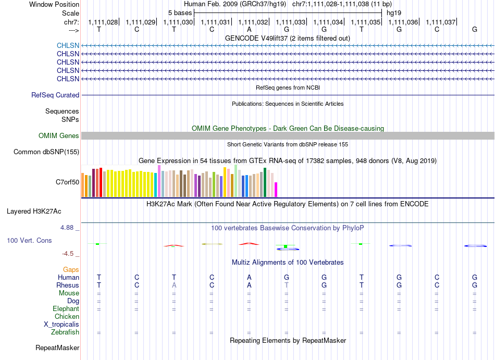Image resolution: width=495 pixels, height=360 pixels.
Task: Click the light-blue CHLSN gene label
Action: tap(68, 46)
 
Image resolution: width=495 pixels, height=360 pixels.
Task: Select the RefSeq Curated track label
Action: tap(55, 95)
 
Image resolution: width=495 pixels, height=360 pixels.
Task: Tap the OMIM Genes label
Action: tap(59, 135)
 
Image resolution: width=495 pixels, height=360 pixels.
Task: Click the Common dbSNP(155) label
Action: tap(46, 152)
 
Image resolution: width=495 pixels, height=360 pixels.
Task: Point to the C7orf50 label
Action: tap(68, 182)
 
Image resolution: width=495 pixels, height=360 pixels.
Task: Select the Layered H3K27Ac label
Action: tap(34, 212)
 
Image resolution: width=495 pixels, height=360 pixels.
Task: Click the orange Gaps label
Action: tap(71, 269)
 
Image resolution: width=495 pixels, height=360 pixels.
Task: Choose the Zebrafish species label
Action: tap(65, 332)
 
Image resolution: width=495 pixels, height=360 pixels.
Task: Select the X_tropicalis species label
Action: tap(61, 325)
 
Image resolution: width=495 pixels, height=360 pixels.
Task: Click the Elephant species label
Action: tap(66, 308)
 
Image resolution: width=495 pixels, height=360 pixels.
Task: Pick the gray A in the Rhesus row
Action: tap(174, 285)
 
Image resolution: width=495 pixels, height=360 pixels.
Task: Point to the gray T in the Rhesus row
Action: tap(287, 285)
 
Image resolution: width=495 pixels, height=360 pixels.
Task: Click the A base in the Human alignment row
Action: tap(249, 277)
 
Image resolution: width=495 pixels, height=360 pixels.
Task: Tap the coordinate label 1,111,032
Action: tap(253, 22)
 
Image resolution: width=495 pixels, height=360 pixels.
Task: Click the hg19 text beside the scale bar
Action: tap(394, 13)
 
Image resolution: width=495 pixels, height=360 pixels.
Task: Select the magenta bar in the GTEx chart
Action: tap(276, 190)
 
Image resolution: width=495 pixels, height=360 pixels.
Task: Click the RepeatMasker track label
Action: tap(57, 347)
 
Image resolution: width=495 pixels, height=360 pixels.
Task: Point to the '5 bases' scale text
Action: tap(180, 13)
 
